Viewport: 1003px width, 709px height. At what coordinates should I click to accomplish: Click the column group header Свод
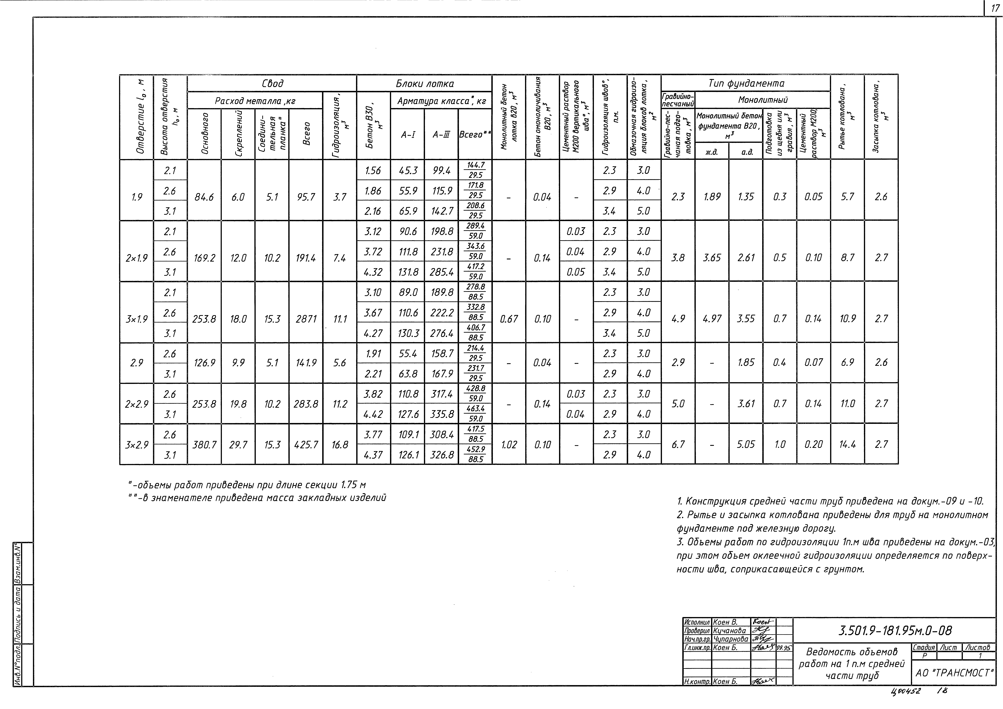(272, 83)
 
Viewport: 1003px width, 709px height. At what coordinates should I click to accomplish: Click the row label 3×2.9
(137, 445)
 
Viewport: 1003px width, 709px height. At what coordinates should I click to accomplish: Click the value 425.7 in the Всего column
(306, 445)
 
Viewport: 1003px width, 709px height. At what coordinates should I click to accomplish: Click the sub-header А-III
(441, 135)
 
